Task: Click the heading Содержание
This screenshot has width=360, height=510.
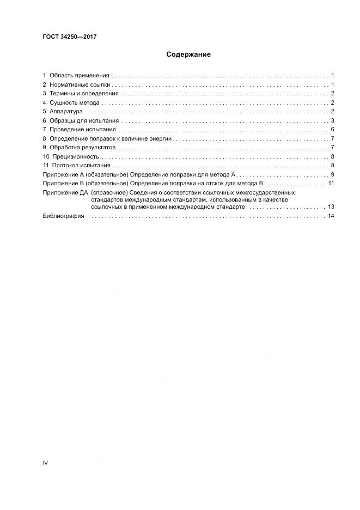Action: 188,54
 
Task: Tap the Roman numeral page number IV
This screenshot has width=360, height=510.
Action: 45,463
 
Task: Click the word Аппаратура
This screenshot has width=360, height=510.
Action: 66,111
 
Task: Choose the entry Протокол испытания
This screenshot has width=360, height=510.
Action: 81,165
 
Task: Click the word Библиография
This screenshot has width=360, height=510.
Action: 63,216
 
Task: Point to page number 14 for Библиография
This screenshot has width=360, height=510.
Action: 330,216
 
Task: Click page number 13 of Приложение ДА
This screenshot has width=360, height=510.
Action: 330,207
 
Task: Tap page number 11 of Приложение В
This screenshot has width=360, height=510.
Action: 330,183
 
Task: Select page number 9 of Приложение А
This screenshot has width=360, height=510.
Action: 332,174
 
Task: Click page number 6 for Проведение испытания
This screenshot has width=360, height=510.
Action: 332,129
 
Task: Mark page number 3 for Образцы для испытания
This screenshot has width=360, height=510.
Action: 332,120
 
